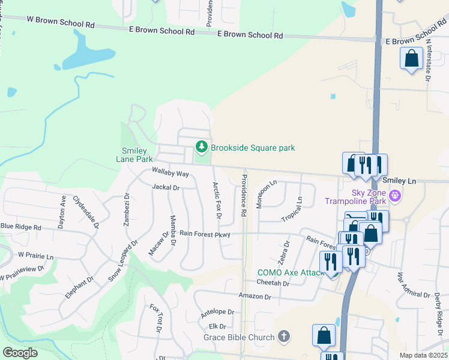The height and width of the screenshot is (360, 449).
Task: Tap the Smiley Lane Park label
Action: pos(134,155)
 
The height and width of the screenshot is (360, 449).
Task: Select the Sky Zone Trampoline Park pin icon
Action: pos(395,195)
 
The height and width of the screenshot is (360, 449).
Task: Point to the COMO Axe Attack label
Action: pos(290,272)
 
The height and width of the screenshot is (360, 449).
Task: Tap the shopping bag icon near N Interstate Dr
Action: pos(411,59)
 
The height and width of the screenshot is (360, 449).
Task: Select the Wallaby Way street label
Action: pos(170,173)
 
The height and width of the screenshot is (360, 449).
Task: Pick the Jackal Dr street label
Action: pos(166,188)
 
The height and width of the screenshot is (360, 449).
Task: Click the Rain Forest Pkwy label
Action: pos(205,234)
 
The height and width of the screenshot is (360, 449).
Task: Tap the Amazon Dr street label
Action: pos(255,296)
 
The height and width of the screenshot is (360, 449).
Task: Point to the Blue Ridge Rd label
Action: pos(21,227)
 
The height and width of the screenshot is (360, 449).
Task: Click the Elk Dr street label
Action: pos(217,326)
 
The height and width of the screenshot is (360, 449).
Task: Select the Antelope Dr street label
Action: pos(217,312)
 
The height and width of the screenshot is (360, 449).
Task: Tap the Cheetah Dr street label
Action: pos(273,282)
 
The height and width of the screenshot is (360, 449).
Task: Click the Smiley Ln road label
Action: pos(399,180)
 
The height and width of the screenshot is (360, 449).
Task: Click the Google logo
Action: pos(19,352)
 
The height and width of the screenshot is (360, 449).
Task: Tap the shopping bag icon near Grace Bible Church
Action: pos(324,335)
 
